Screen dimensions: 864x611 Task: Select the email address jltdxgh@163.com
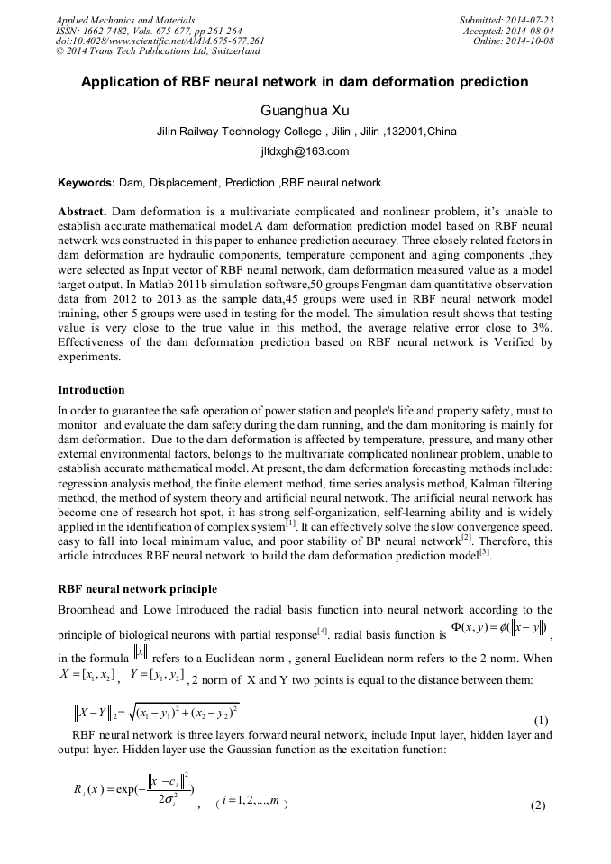[305, 152]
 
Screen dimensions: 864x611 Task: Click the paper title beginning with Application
[305, 82]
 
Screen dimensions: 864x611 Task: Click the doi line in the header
[160, 41]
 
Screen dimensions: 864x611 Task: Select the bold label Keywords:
[87, 183]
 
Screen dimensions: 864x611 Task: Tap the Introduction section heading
[91, 390]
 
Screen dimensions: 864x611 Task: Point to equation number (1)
[542, 721]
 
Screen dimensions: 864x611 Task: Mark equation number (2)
[538, 805]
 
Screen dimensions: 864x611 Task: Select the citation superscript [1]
[290, 522]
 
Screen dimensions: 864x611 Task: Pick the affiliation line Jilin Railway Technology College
[306, 132]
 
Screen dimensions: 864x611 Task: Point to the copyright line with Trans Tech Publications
[158, 51]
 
